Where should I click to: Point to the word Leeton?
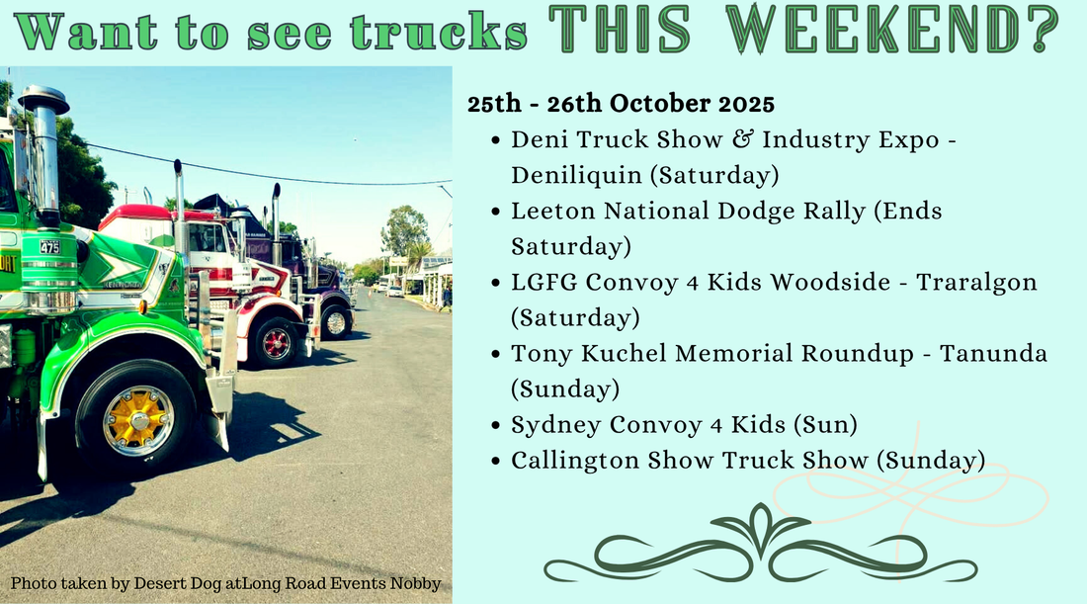tap(547, 211)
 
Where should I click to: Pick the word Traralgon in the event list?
tap(977, 282)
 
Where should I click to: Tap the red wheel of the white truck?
tap(275, 343)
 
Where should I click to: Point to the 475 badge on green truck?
tap(49, 246)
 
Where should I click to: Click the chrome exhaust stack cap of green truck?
tap(43, 100)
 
